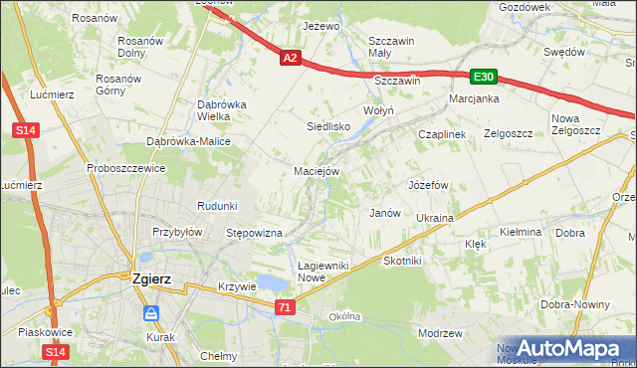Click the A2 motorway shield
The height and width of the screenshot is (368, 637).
pos(289,59)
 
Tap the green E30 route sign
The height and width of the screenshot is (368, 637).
pos(484,77)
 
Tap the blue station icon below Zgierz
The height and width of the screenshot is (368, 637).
pos(150,314)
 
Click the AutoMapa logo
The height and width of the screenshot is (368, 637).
pos(567,349)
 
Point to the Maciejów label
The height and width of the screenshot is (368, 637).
pos(318,170)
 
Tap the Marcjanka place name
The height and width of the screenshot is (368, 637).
pos(473,99)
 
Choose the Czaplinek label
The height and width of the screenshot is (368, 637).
pos(442,134)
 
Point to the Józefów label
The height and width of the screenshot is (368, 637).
pos(429,185)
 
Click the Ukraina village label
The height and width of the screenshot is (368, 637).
pos(435,217)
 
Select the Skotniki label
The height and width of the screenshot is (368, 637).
pos(403,260)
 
